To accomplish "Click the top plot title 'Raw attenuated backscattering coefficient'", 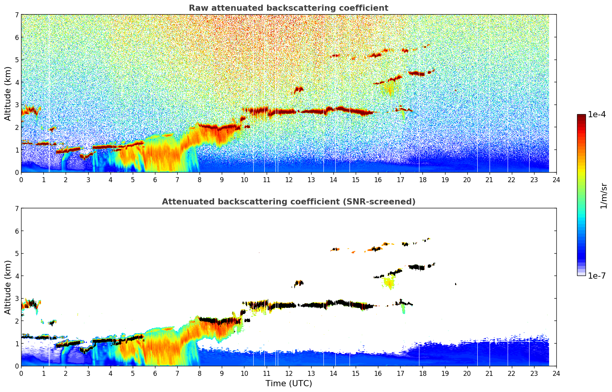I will (x=288, y=8).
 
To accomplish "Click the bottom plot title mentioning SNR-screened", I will (x=288, y=202).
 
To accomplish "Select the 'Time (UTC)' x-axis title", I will (x=289, y=384).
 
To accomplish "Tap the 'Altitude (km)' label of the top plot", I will (x=8, y=93).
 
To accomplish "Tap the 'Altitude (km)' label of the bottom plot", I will (x=8, y=287).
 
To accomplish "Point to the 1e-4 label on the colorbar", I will (x=597, y=115).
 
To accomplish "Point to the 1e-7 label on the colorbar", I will (x=597, y=276).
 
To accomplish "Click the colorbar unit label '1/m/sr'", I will (x=604, y=196).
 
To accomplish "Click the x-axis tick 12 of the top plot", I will (x=289, y=179).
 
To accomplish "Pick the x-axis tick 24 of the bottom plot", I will (x=556, y=373).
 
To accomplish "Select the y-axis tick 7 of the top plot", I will (x=17, y=15).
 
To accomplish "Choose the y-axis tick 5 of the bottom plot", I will (x=17, y=254).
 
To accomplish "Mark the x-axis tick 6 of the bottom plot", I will (x=155, y=373).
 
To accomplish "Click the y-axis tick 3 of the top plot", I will (x=17, y=105).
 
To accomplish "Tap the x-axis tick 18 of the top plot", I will (x=422, y=179).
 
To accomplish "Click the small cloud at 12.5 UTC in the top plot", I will (x=299, y=90).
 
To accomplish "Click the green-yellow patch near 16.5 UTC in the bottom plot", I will (x=389, y=283).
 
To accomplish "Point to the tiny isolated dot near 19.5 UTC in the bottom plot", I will (x=455, y=284).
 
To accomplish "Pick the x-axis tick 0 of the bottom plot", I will (x=21, y=373).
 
